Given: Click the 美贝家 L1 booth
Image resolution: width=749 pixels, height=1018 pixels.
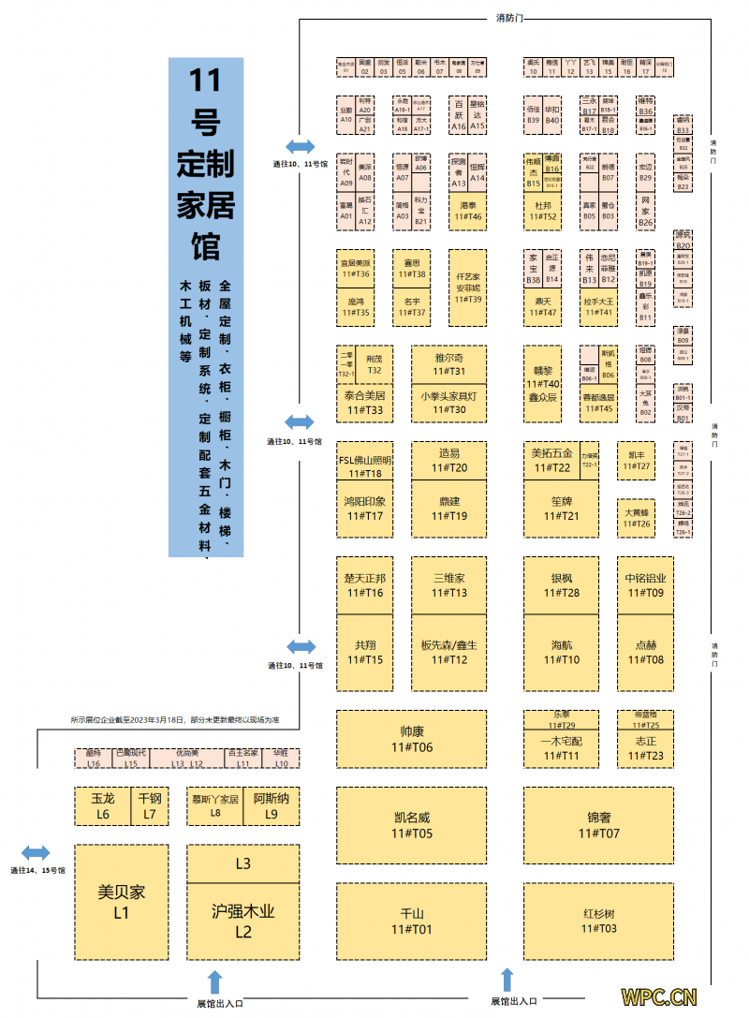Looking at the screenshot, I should click(x=121, y=902).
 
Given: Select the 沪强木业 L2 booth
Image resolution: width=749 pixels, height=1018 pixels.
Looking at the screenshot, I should click(x=243, y=920).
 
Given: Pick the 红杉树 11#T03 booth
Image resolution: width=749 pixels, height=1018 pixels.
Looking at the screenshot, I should click(x=598, y=921).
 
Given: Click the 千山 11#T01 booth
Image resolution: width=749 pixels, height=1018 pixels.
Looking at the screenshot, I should click(x=411, y=921).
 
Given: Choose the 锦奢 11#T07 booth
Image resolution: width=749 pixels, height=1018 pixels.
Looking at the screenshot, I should click(x=598, y=824).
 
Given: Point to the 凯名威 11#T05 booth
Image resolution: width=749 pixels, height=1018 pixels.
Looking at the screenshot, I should click(x=411, y=824).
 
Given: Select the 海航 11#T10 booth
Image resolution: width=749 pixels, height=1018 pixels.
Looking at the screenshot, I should click(x=561, y=652).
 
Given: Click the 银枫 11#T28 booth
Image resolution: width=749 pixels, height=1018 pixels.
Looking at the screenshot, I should click(x=561, y=585).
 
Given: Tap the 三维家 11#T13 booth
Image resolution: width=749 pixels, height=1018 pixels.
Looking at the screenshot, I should click(x=448, y=585).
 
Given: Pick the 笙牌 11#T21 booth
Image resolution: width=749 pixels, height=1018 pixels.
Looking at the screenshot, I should click(x=561, y=508).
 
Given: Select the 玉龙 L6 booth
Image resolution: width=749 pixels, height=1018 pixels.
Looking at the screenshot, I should click(x=102, y=806).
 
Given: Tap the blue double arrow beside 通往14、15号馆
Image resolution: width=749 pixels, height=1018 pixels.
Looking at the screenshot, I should click(x=37, y=852).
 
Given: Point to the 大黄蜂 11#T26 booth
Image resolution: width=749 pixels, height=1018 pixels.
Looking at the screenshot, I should click(x=636, y=518).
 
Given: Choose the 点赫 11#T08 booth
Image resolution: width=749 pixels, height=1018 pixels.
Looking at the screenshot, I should click(x=645, y=652).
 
